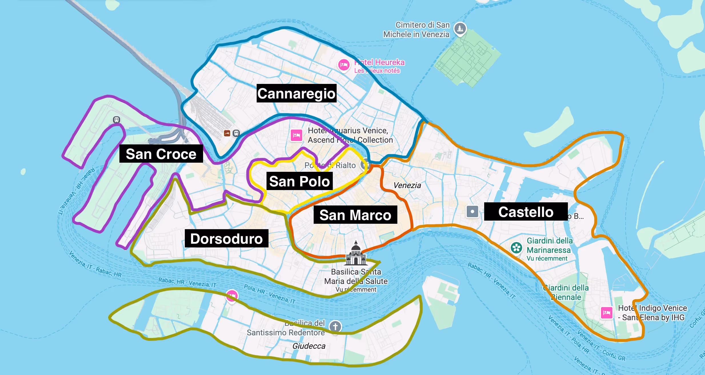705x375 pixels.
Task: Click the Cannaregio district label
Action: pos(296,93)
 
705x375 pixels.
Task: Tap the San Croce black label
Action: pos(161,154)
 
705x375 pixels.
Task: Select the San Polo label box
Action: pos(299,181)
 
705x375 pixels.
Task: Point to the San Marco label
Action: pos(355,215)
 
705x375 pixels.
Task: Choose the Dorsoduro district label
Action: pos(226,238)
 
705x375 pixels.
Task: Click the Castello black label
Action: pos(526,212)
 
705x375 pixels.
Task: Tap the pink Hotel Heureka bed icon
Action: pos(344,65)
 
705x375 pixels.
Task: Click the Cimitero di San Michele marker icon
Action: pos(460,28)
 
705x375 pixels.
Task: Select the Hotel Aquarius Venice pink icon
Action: pos(296,135)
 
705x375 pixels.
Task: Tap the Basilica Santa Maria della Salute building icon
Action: pos(356,254)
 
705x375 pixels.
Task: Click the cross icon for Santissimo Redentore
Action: pos(335,326)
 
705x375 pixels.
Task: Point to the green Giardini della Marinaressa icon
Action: pos(516,248)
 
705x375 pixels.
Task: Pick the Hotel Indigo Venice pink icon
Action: pos(606,313)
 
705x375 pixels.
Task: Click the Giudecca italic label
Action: pos(309,346)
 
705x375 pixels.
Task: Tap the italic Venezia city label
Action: pos(407,186)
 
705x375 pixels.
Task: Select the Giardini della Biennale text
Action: pos(566,292)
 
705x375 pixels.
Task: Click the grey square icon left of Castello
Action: pos(472,212)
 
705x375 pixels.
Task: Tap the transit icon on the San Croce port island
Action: pos(116,120)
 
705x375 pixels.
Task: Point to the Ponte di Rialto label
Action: pos(330,165)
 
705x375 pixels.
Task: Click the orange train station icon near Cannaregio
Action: pos(227,133)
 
